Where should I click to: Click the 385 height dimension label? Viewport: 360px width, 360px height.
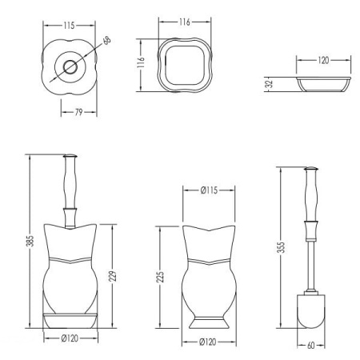30,241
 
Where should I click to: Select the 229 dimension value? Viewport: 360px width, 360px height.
112,276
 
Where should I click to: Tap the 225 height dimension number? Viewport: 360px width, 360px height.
160,278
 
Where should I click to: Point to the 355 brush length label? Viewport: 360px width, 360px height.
282,247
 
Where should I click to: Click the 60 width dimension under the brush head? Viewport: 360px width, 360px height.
311,346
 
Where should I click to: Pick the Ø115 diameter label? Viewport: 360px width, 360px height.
209,190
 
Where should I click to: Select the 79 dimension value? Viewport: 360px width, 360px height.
78,112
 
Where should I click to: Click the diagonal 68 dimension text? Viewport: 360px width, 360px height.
107,41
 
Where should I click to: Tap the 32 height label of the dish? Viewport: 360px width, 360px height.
270,84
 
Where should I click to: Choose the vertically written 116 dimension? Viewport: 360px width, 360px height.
141,62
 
